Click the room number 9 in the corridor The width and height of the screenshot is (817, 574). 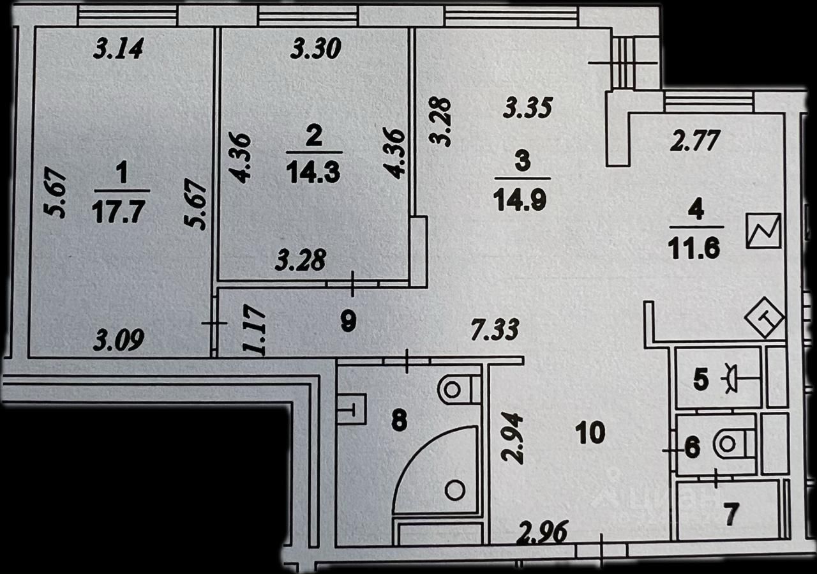coord(348,322)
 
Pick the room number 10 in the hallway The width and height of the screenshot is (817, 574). coord(590,434)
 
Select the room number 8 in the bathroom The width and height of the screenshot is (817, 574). coord(399,421)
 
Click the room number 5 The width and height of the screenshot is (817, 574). coord(700,381)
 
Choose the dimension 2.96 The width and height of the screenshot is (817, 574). coord(544,532)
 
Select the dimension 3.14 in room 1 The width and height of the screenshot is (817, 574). coord(118,49)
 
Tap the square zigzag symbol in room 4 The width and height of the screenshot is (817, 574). coord(763,230)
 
